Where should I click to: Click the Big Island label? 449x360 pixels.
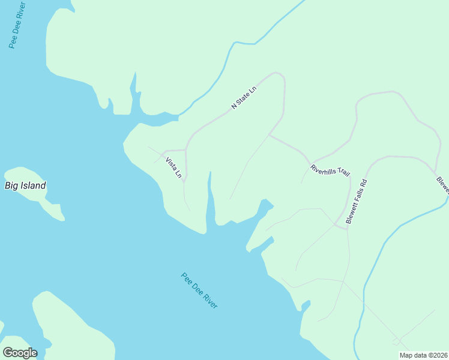click(25, 185)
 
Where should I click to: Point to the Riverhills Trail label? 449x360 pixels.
click(330, 170)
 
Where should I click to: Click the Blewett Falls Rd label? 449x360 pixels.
click(355, 201)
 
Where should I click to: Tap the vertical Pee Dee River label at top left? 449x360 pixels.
click(17, 25)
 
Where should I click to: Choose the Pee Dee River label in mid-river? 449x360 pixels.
click(199, 291)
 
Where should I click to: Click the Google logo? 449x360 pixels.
click(20, 353)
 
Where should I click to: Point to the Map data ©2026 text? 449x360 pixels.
click(423, 355)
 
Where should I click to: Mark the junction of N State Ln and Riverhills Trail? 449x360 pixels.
click(268, 135)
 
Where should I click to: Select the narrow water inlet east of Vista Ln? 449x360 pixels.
click(210, 198)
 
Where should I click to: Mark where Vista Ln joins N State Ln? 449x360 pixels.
click(185, 149)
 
